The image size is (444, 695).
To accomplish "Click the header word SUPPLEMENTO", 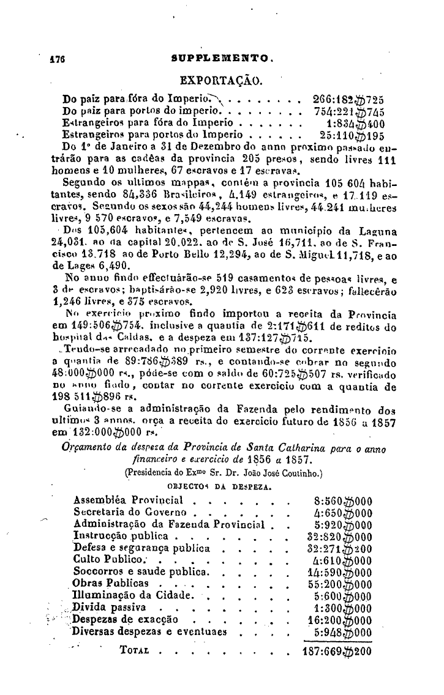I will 220,60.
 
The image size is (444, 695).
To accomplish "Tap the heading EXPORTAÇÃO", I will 221,81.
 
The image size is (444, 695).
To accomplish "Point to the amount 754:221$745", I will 348,111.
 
